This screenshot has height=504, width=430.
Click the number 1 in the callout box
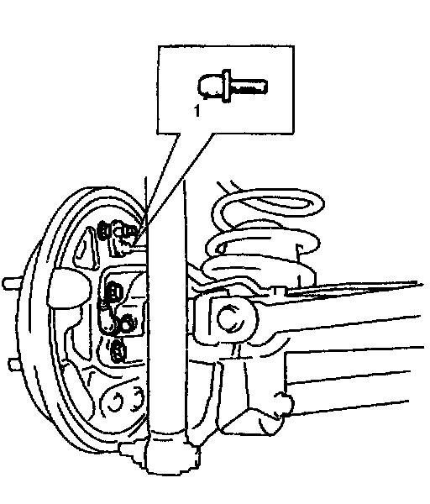(x=197, y=111)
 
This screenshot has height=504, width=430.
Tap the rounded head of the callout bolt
(x=210, y=87)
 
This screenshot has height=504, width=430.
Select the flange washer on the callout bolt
(x=227, y=86)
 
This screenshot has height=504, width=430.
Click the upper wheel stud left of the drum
(x=13, y=283)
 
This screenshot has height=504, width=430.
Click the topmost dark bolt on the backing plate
(x=104, y=230)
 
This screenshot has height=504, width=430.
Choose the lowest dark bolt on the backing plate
(x=118, y=351)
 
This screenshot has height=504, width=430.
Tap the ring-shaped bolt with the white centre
(x=127, y=323)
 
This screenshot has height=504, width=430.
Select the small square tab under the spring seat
(x=278, y=291)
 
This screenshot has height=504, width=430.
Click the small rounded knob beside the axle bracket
(x=285, y=402)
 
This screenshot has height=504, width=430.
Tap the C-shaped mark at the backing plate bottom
(x=113, y=402)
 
